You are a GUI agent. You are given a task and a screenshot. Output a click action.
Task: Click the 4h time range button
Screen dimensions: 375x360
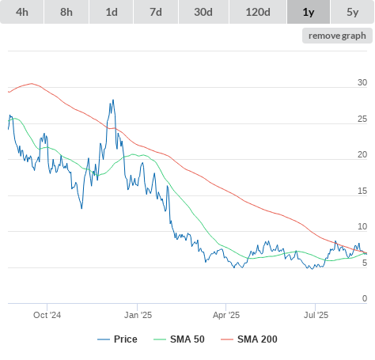22,12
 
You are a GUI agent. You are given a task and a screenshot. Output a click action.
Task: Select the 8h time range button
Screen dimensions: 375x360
66,12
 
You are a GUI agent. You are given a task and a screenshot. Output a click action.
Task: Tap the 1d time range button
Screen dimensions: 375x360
112,12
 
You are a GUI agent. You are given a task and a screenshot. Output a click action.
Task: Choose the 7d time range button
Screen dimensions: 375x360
156,12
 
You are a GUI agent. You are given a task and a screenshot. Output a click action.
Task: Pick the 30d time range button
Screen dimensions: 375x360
203,12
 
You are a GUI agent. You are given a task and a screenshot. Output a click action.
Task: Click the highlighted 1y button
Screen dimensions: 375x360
309,12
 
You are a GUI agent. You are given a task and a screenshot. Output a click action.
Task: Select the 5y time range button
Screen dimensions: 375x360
353,12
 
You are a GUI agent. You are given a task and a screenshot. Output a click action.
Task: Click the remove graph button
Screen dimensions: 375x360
337,36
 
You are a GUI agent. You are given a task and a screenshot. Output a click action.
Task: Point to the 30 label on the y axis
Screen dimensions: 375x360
362,82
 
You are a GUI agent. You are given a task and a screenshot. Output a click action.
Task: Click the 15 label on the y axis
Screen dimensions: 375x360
362,191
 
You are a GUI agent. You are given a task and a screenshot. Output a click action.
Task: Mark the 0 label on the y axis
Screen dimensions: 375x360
365,298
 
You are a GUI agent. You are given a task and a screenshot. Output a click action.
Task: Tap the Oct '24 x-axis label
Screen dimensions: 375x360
47,315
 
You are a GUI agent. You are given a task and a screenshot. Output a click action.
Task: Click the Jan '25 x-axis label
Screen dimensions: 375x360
138,315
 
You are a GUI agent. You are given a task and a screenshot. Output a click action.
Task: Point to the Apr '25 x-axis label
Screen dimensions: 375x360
226,315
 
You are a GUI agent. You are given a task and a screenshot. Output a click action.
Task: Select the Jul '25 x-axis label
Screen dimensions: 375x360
316,315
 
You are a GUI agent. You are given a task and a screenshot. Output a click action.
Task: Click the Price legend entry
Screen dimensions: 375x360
117,339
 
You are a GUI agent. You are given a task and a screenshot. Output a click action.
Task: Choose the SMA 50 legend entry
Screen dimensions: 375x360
179,339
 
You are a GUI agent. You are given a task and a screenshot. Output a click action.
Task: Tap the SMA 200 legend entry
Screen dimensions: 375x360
249,339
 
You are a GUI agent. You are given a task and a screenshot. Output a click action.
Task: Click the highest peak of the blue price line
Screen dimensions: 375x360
113,100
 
